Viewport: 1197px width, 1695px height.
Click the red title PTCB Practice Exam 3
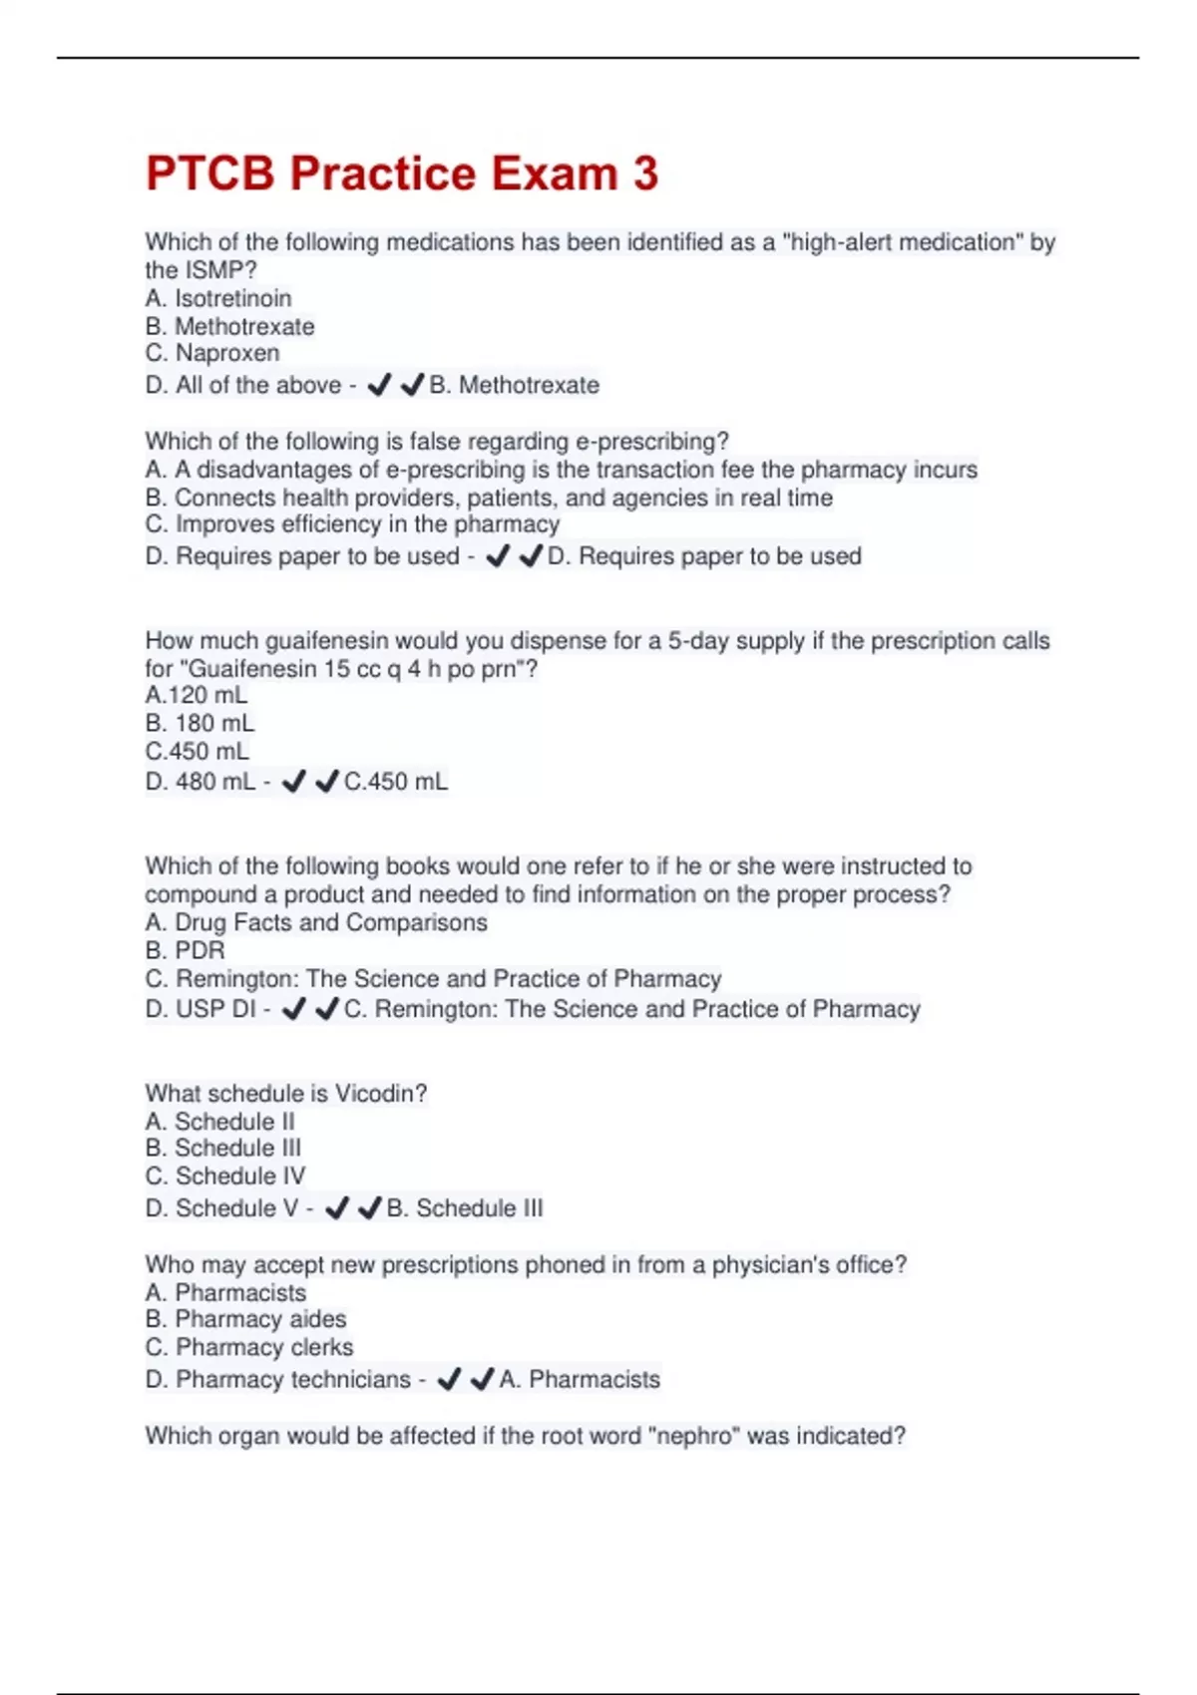(x=402, y=173)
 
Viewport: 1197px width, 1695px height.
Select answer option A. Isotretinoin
(x=218, y=298)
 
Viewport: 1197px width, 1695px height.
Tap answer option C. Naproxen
(x=212, y=353)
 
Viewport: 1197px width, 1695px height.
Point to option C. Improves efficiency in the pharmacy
(x=352, y=524)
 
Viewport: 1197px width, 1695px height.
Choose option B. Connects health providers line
(x=489, y=498)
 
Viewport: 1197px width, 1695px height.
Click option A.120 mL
(x=197, y=695)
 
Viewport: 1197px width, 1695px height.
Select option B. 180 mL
(x=199, y=723)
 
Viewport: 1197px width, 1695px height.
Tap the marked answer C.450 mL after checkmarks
(x=396, y=782)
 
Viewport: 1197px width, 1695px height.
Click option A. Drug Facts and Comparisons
(x=316, y=922)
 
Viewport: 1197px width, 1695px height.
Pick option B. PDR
(x=186, y=950)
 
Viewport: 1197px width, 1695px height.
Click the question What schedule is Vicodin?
(x=286, y=1094)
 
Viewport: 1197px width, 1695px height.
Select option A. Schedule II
(x=220, y=1122)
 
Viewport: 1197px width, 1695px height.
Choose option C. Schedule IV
(x=225, y=1177)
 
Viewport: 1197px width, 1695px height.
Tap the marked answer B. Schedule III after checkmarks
(x=465, y=1208)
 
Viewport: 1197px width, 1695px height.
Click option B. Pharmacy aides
(x=245, y=1319)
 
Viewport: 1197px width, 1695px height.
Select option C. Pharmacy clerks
(x=249, y=1347)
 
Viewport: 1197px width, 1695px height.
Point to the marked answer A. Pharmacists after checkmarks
(x=580, y=1380)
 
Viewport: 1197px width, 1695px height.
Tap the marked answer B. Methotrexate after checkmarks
(x=515, y=385)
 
